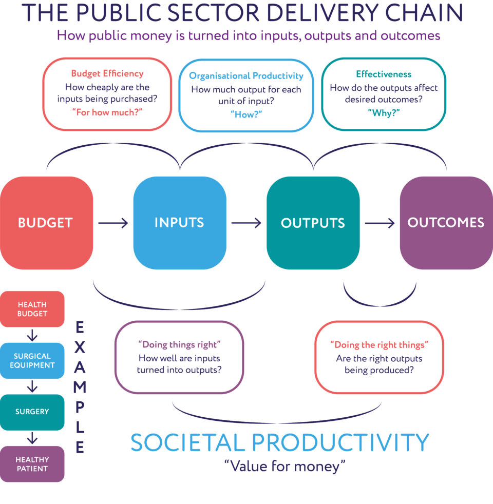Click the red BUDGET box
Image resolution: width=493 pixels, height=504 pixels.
[46, 223]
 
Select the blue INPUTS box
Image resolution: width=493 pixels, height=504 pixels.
[179, 223]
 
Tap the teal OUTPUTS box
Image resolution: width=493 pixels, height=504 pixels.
[313, 223]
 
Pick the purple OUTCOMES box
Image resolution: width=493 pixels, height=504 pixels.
[446, 223]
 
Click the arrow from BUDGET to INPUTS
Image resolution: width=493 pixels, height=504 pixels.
[113, 223]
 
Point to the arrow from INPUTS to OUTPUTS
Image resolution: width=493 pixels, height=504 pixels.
[246, 223]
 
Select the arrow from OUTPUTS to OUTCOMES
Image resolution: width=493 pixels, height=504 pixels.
[380, 223]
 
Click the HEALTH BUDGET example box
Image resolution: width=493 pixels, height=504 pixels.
[32, 309]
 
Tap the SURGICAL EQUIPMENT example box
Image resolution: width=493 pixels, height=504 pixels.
[32, 360]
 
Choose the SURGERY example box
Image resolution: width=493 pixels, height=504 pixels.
[32, 412]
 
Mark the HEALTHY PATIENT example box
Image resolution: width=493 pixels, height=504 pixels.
[32, 464]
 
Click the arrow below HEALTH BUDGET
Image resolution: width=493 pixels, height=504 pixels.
[32, 335]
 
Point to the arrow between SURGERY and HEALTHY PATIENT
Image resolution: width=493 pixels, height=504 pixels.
[32, 438]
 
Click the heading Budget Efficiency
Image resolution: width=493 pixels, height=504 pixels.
[107, 73]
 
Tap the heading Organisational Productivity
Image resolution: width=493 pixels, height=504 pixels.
[246, 76]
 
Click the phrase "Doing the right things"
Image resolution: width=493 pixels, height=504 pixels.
[379, 344]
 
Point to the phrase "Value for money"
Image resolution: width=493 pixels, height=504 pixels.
[285, 466]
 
